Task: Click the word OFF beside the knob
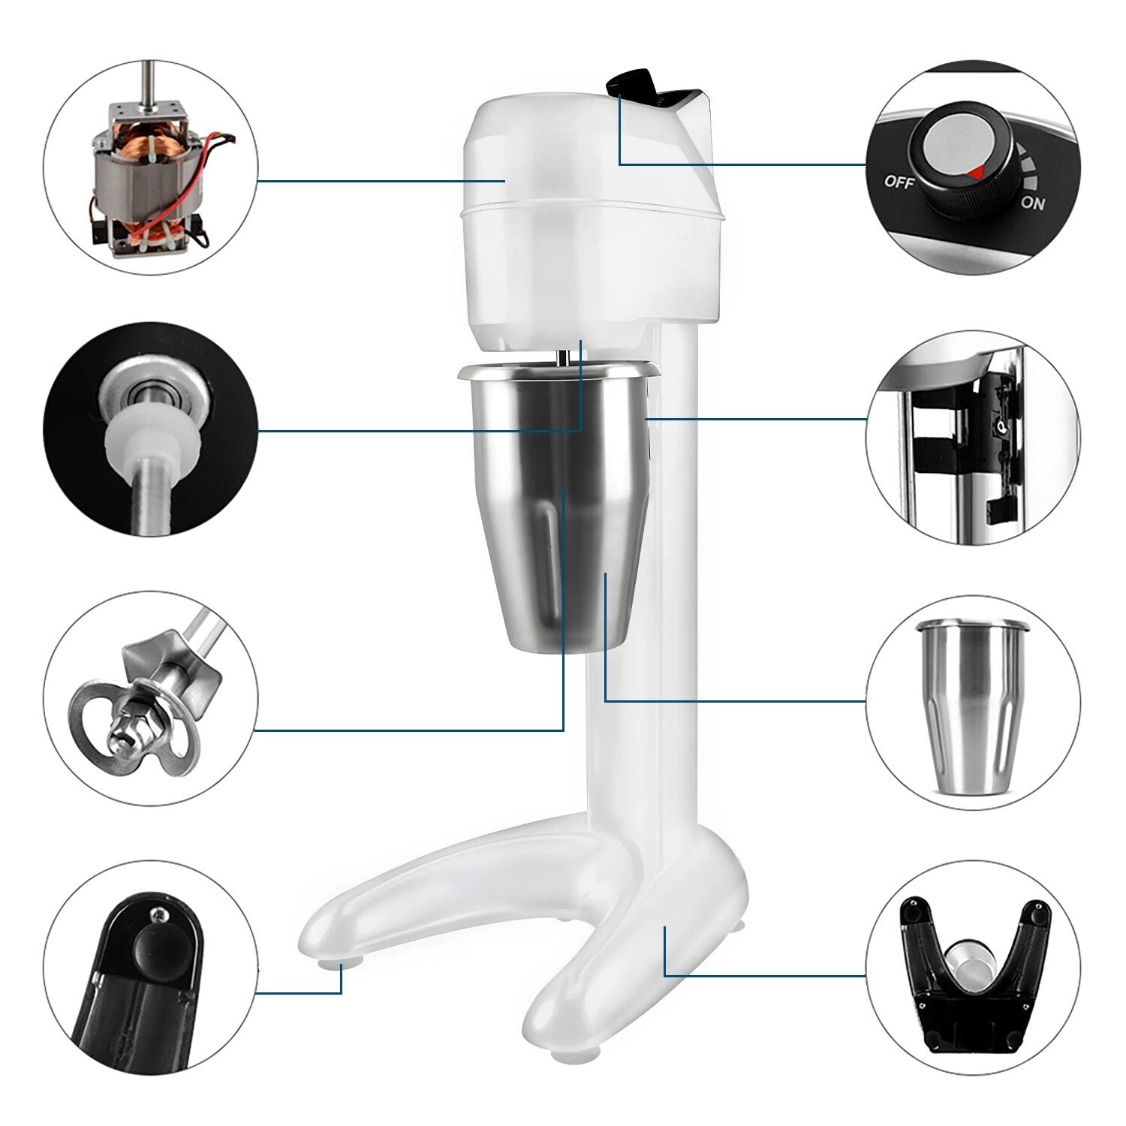(899, 180)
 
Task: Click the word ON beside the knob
(1032, 202)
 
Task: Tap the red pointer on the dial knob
(975, 173)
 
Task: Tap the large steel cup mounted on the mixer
(558, 503)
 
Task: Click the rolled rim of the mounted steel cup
(558, 369)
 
